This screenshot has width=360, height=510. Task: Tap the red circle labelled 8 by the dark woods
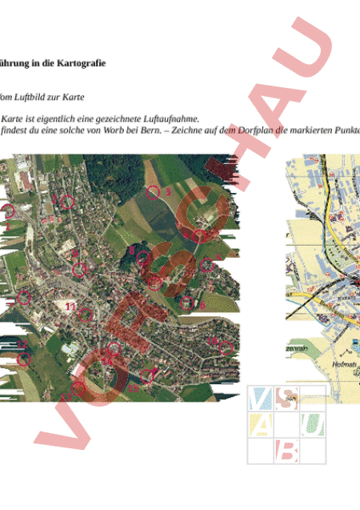(x=142, y=258)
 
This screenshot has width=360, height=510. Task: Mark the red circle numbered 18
(x=226, y=347)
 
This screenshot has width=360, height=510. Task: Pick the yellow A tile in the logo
(x=261, y=424)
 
